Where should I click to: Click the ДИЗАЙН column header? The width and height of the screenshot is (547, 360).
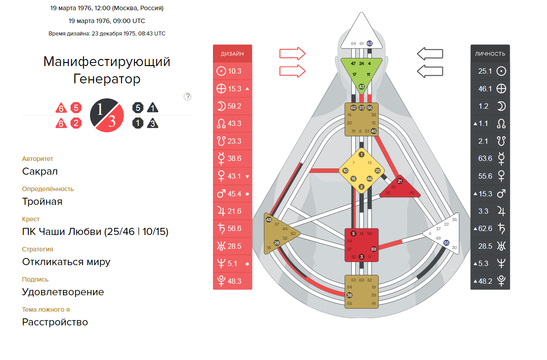coord(232,54)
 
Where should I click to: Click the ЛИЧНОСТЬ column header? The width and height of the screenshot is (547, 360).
coord(490,54)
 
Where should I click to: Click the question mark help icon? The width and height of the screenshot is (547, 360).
coord(187,96)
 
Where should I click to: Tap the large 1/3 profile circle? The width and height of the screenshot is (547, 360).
coord(106,115)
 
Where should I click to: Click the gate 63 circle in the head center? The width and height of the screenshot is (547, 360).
coord(370,43)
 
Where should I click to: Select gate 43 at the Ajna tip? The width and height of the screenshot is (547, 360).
coord(362,86)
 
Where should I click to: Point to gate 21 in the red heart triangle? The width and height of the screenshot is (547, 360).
coord(399,181)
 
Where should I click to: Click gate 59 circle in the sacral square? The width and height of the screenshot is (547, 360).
coord(374,249)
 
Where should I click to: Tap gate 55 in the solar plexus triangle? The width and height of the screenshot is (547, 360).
coord(446,243)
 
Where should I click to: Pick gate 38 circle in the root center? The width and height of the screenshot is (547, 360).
coord(350,295)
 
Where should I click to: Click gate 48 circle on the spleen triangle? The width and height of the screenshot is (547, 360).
coord(268,219)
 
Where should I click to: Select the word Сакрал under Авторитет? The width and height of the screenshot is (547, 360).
coord(40,172)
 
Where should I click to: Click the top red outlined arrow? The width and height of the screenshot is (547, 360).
coord(292,54)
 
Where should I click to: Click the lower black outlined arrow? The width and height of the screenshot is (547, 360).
coord(430,71)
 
